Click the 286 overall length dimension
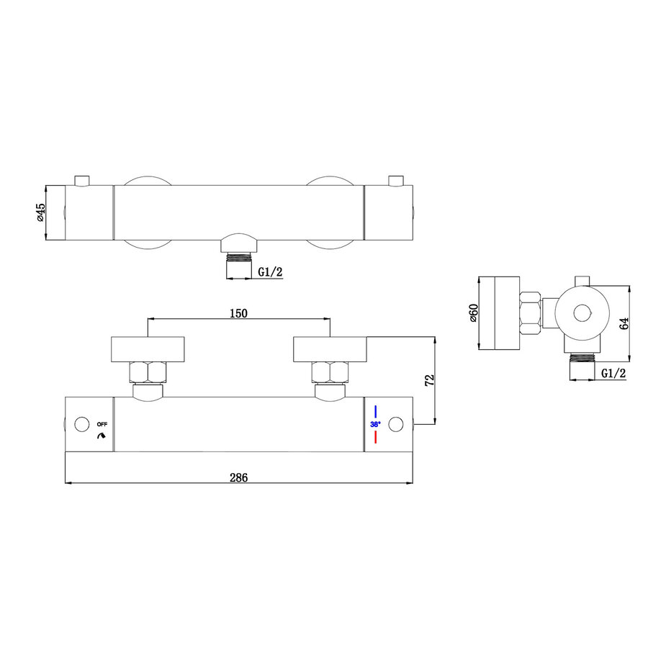point(238,477)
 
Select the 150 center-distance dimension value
point(238,313)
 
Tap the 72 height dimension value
point(430,381)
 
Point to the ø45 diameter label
point(41,212)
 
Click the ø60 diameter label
point(474,314)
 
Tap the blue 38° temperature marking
point(375,424)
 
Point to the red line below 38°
point(376,436)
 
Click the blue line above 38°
point(376,413)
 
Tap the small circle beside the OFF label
point(81,423)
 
